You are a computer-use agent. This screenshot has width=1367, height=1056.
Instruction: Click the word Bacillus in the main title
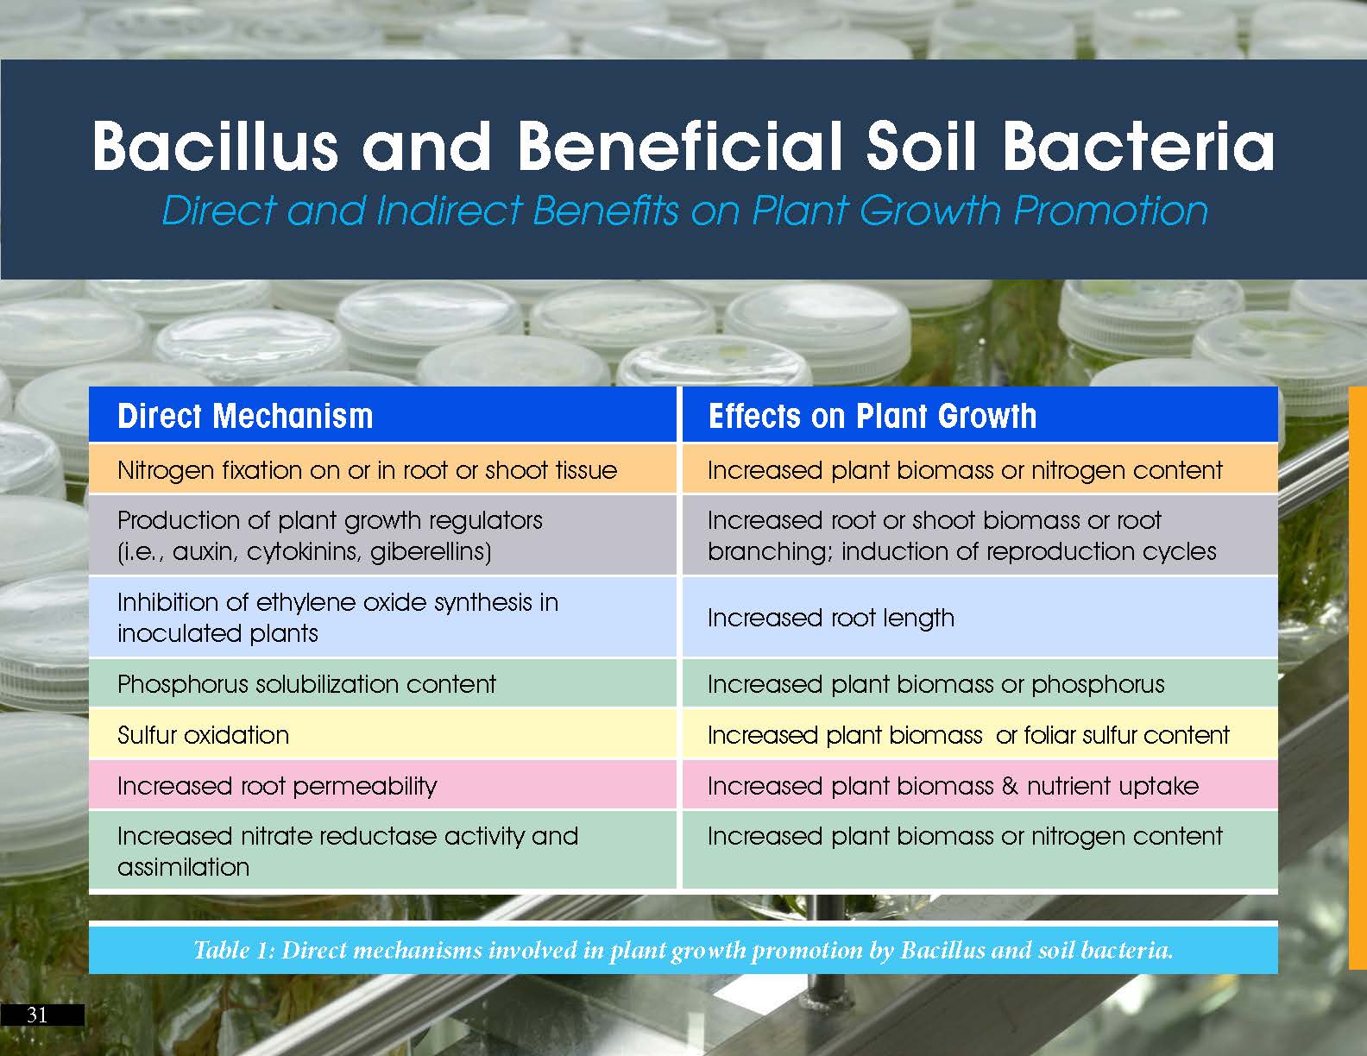(216, 146)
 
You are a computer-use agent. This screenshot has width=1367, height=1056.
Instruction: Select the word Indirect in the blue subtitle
(449, 210)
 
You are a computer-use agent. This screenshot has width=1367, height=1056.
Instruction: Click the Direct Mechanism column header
(245, 417)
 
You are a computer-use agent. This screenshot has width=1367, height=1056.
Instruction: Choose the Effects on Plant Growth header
(872, 417)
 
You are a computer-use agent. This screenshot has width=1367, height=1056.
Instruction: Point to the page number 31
(37, 1015)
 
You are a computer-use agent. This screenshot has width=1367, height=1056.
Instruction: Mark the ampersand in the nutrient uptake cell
(1010, 786)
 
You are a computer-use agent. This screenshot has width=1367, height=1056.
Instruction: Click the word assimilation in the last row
(184, 868)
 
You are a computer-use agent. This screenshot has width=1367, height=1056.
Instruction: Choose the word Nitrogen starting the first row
(166, 471)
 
